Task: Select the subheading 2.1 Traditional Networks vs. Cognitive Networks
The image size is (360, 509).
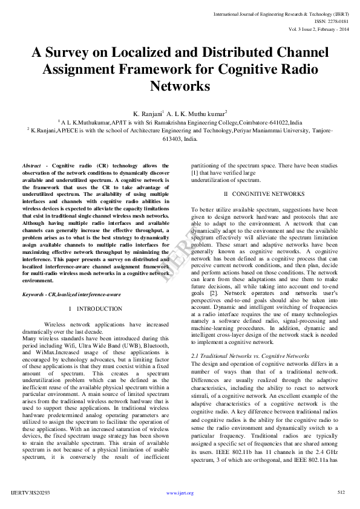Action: [241, 356]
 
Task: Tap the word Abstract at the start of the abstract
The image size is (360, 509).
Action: [31, 165]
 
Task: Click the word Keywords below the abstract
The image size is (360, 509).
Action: [36, 294]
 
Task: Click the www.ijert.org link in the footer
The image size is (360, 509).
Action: [180, 493]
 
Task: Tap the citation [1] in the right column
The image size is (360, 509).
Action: [195, 172]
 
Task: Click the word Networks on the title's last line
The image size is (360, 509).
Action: [180, 86]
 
